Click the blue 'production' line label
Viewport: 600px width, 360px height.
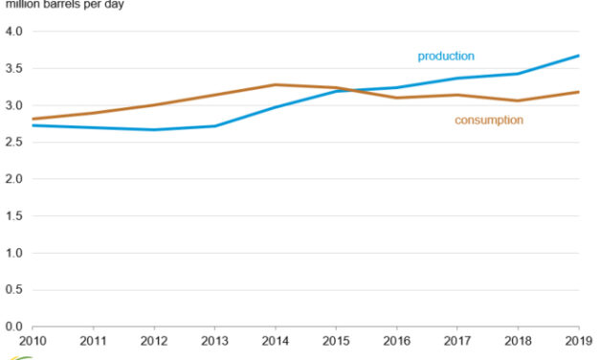(x=446, y=56)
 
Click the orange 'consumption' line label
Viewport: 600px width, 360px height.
(x=488, y=120)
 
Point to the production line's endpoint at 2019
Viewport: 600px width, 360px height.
(x=579, y=56)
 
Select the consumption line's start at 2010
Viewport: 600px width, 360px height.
(x=33, y=120)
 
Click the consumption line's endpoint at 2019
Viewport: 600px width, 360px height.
(x=579, y=92)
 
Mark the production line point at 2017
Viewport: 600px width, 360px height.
(x=457, y=79)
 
